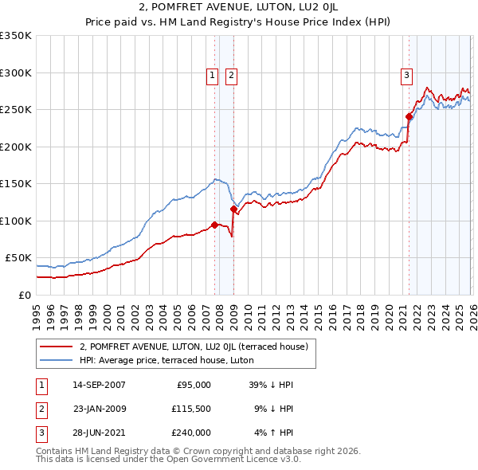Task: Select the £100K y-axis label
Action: pos(18,221)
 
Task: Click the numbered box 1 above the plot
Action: pos(213,76)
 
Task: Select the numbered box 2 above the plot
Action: pos(231,76)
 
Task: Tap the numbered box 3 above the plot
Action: pos(406,76)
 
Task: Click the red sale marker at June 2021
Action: pos(409,116)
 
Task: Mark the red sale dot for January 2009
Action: pos(233,210)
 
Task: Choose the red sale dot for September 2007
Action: pos(215,225)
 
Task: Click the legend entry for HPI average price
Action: pos(166,360)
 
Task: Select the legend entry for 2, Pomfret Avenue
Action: pos(198,346)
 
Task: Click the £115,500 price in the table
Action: pos(191,409)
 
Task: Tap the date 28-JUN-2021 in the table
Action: pos(100,433)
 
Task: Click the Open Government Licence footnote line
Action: pos(168,460)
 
